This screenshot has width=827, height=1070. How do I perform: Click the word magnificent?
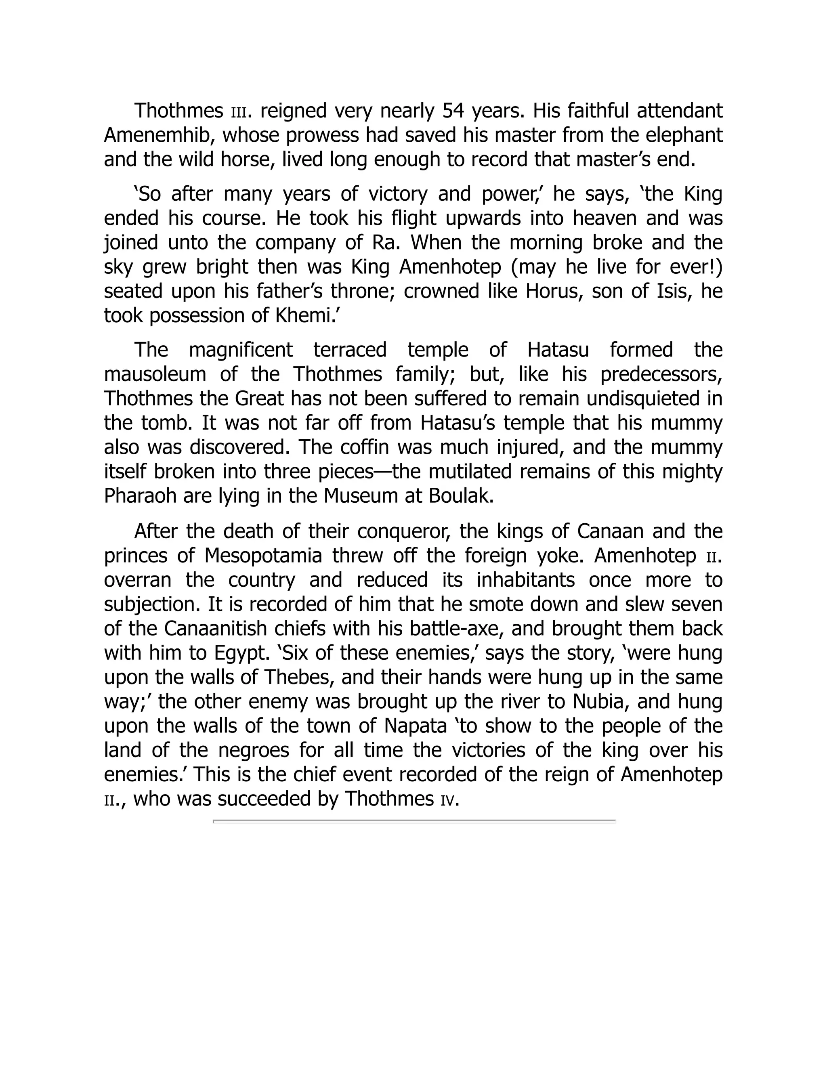(241, 350)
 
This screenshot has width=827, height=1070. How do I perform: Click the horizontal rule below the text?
(414, 821)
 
